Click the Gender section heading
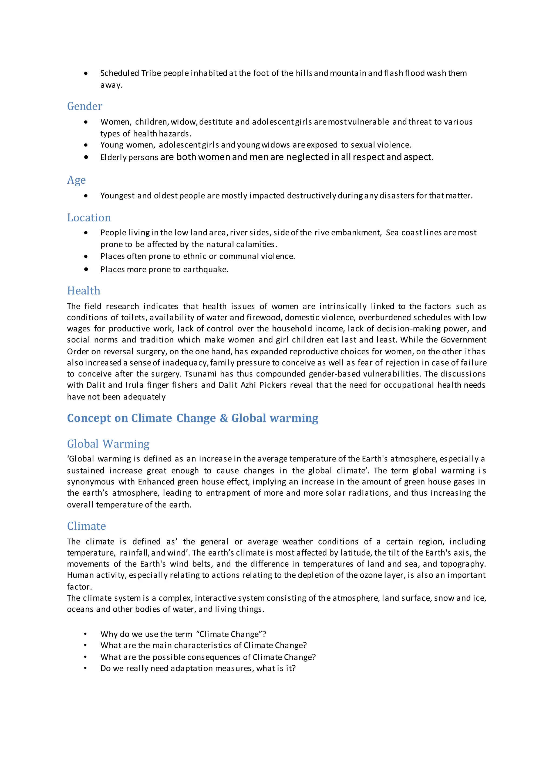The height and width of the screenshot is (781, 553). pyautogui.click(x=85, y=106)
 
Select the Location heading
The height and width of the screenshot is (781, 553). pyautogui.click(x=89, y=218)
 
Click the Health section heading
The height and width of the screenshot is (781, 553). pyautogui.click(x=84, y=291)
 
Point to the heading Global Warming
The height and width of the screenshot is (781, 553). pyautogui.click(x=108, y=444)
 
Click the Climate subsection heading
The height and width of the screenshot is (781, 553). pyautogui.click(x=86, y=526)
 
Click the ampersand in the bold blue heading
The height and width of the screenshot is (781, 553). pyautogui.click(x=224, y=418)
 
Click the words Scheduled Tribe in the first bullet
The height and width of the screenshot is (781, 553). pyautogui.click(x=130, y=73)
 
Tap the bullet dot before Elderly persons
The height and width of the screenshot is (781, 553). pyautogui.click(x=86, y=157)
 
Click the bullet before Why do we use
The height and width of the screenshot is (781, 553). pyautogui.click(x=86, y=634)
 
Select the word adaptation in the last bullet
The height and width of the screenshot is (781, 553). pyautogui.click(x=192, y=669)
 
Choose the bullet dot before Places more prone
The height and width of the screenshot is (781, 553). pyautogui.click(x=86, y=269)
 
